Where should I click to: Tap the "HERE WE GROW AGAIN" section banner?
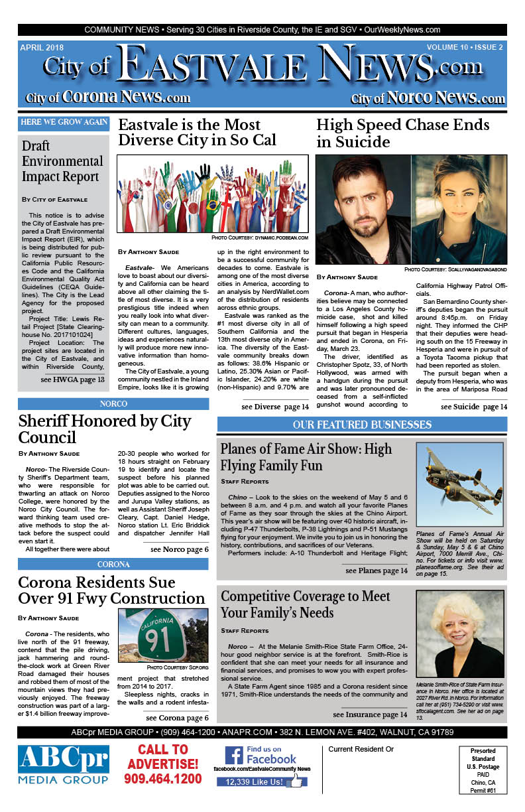[x=64, y=122]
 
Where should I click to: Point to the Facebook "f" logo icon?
[x=234, y=756]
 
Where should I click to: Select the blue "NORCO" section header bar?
[x=113, y=403]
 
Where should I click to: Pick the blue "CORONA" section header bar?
[x=113, y=565]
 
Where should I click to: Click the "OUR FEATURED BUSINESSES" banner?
[x=362, y=425]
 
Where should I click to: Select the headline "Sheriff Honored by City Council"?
[x=104, y=429]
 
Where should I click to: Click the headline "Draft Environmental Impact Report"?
[x=62, y=161]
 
